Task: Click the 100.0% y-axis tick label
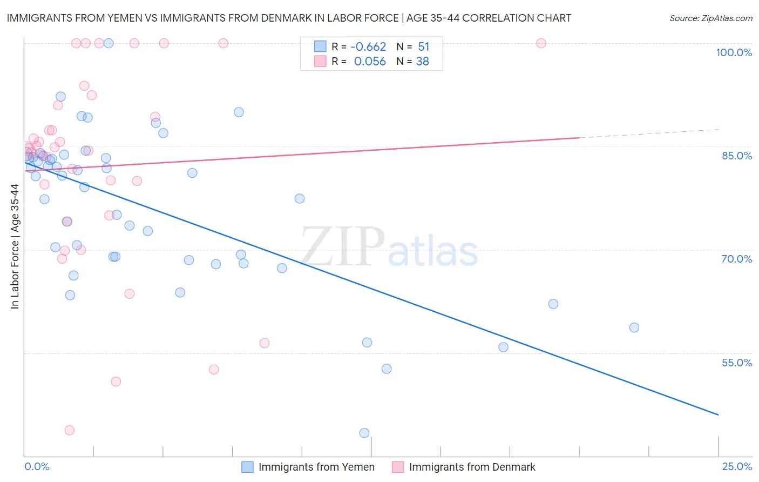point(734,52)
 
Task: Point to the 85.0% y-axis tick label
point(736,156)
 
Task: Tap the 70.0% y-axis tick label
point(736,259)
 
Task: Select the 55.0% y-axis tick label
point(736,363)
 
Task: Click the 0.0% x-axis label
point(37,467)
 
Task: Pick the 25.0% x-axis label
point(737,467)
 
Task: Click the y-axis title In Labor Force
point(15,246)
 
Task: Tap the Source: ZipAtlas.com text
point(710,18)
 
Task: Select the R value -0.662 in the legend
point(369,47)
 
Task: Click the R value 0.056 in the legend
point(370,62)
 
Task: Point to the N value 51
point(423,47)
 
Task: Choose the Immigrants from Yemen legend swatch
point(247,467)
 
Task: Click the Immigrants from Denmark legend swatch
point(398,467)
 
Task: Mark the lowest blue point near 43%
point(364,433)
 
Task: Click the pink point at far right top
point(541,43)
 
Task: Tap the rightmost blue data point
point(634,327)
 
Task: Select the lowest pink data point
point(69,430)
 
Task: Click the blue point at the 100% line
point(109,43)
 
